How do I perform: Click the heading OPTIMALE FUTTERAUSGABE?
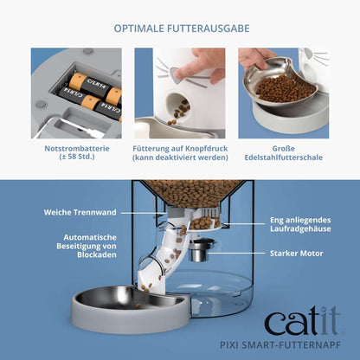tap(181, 28)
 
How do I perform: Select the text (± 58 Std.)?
tap(76, 158)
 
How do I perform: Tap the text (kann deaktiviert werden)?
tap(180, 158)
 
